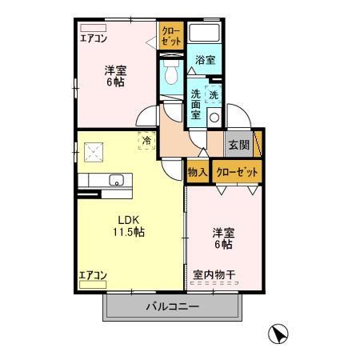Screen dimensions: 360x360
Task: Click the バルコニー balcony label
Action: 172,305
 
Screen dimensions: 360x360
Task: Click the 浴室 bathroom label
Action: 205,60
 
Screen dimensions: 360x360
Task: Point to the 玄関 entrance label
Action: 238,145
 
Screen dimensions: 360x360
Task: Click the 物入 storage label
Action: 198,172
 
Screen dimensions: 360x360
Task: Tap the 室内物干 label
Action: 214,275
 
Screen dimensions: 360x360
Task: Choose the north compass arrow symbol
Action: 277,334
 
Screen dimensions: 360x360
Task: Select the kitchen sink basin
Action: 116,180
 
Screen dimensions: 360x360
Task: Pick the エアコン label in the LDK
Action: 93,275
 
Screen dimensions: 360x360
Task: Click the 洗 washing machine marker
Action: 213,95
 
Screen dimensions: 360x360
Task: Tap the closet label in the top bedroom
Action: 170,36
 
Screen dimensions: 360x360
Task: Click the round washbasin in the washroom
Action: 213,117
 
